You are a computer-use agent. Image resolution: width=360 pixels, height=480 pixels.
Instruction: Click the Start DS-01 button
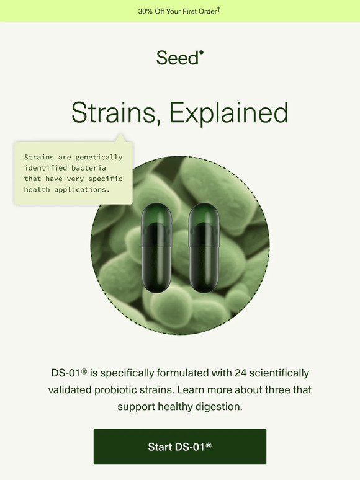coord(180,447)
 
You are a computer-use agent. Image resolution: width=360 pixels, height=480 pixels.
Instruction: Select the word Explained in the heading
coord(228,113)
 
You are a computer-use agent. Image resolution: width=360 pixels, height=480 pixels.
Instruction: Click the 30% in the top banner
coord(146,12)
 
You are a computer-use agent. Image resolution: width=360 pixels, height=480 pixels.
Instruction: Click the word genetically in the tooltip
coord(101,158)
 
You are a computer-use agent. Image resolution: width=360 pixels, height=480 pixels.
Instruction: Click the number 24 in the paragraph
coord(241,373)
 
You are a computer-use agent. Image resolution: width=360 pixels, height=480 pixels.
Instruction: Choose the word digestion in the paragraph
coord(218,407)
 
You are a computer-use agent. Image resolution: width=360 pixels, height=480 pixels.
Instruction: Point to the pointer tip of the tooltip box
coord(120,136)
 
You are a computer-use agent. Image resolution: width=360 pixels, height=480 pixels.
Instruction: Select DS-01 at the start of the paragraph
coord(66,373)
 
